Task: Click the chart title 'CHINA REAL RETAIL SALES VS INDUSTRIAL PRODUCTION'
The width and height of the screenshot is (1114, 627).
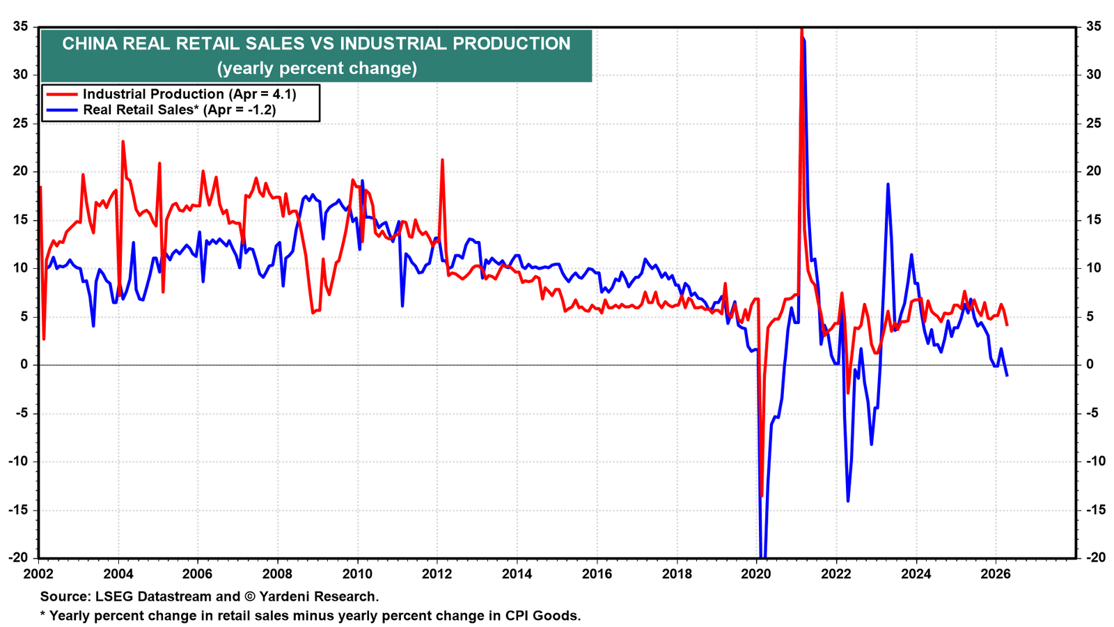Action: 316,44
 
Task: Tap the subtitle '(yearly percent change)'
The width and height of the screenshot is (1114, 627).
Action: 317,68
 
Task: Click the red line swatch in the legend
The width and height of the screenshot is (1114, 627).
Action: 62,94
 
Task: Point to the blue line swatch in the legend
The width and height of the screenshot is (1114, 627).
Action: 62,109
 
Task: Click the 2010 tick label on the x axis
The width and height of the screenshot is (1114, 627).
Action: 358,574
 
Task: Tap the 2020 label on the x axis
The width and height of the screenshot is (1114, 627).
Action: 756,574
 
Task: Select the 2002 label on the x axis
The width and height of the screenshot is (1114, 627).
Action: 38,574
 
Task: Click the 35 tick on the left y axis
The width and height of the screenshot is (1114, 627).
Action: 20,26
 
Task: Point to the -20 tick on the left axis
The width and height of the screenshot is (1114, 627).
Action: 18,558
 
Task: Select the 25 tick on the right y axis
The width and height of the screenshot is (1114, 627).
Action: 1094,123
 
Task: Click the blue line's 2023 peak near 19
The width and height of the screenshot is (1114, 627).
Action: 888,184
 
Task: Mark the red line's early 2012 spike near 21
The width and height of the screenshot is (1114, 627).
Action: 442,160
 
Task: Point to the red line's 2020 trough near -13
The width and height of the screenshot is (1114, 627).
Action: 762,495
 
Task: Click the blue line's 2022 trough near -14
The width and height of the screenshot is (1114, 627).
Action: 848,501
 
